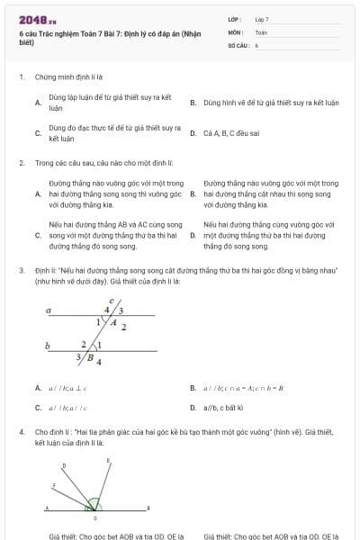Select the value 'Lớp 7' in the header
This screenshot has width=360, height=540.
click(x=262, y=19)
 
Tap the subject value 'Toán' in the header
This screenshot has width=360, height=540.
click(x=261, y=31)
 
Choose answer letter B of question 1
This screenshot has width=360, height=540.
click(x=193, y=103)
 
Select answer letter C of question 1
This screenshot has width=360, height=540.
click(x=38, y=133)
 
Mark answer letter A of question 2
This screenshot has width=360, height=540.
click(x=38, y=193)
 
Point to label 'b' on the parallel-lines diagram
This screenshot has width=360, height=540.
click(x=47, y=345)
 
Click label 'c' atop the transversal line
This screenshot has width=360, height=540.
click(x=111, y=301)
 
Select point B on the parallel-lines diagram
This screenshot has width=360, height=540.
click(x=90, y=356)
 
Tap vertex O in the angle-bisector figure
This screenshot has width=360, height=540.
click(x=94, y=517)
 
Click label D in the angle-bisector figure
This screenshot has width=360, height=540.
click(x=64, y=465)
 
